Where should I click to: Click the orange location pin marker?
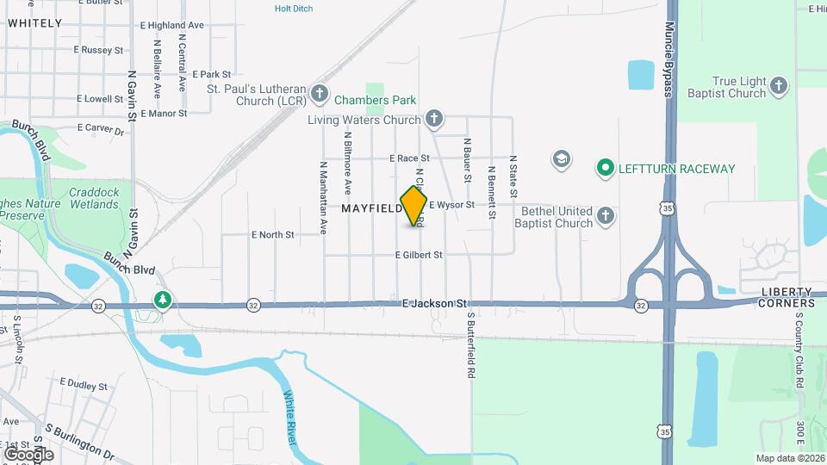point(413,205)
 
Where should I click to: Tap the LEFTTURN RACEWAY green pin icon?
point(606,168)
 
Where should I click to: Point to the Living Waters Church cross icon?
point(434,120)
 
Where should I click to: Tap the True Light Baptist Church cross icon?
point(779,86)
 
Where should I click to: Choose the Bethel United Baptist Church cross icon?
point(606,216)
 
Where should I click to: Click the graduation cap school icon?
point(562,159)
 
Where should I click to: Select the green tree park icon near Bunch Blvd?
point(162,301)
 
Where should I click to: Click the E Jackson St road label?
point(434,304)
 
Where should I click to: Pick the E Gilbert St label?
point(419,255)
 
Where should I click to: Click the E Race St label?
point(409,158)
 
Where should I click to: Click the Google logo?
point(28,454)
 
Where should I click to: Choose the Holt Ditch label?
point(294,9)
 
